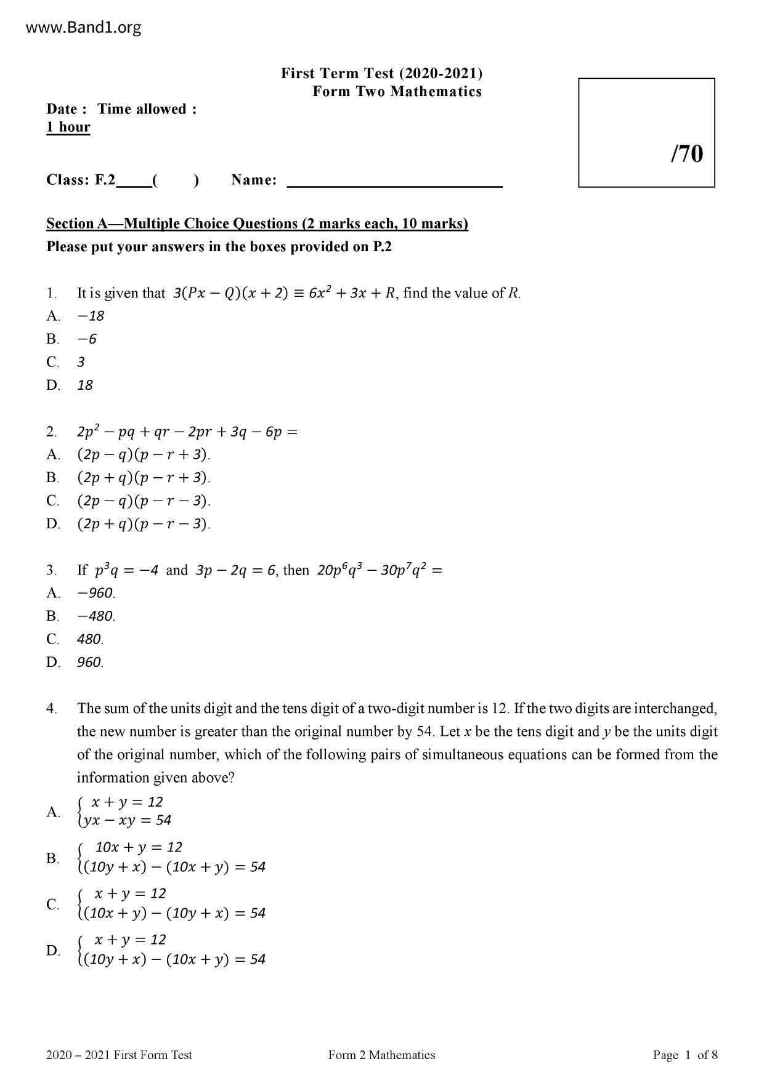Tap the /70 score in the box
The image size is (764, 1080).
tap(686, 153)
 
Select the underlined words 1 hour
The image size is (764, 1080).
tap(68, 127)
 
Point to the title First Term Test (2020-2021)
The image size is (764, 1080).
tap(381, 73)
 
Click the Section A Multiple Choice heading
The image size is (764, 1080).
tap(257, 224)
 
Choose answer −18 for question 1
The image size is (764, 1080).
tap(91, 316)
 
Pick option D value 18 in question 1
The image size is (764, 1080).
tap(85, 385)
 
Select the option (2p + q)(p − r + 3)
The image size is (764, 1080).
tap(144, 478)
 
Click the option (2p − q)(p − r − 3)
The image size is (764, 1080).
tap(144, 501)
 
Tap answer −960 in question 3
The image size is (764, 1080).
tap(96, 593)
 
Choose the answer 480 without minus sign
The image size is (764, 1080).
tap(90, 639)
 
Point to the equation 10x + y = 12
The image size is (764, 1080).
tap(139, 847)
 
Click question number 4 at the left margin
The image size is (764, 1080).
tap(52, 709)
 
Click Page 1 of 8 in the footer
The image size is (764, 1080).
tap(685, 1055)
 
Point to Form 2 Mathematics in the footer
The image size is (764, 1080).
tap(381, 1055)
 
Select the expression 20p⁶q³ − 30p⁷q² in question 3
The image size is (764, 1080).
tap(373, 570)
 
